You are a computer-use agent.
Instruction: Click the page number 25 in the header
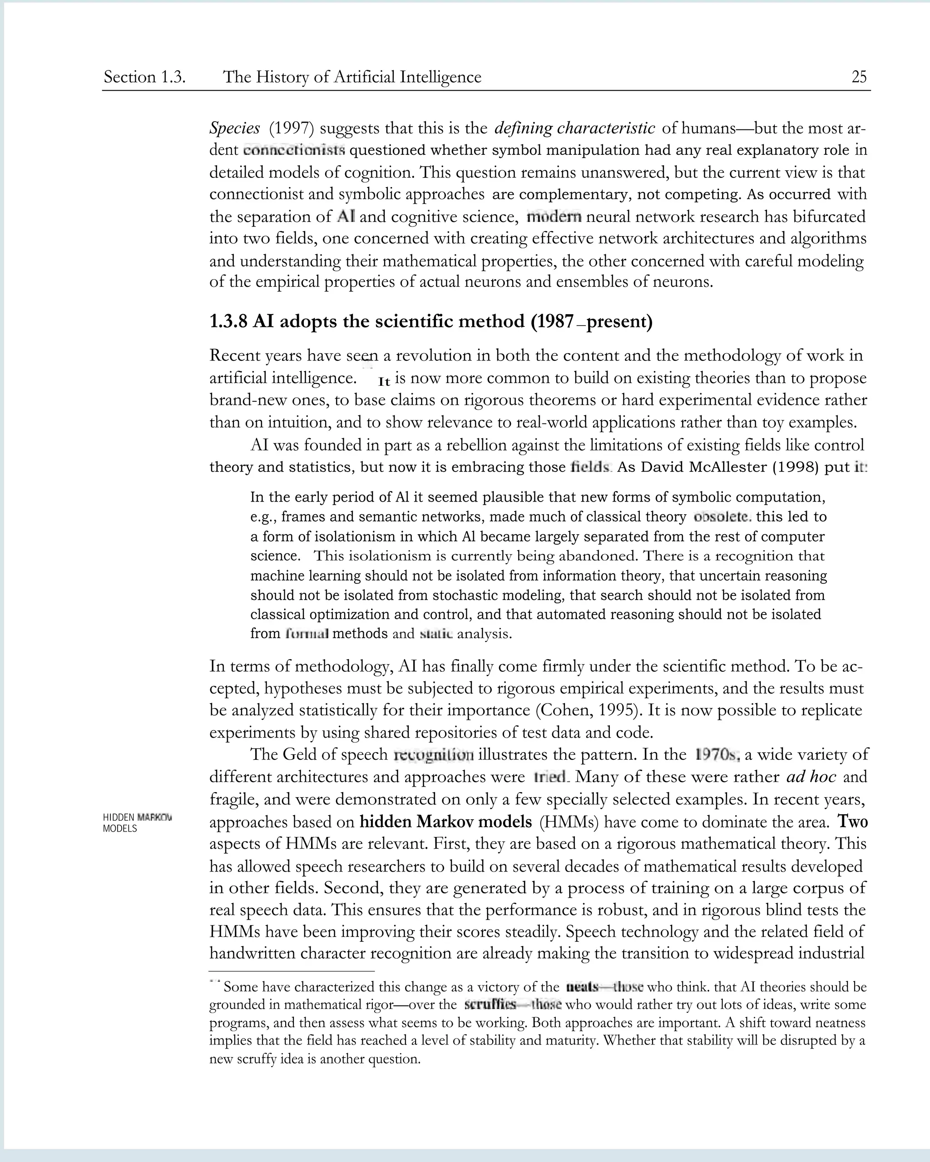pos(859,77)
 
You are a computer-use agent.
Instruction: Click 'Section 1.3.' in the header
pos(144,77)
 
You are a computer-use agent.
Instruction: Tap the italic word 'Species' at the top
pos(234,128)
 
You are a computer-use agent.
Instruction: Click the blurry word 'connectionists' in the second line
pos(294,150)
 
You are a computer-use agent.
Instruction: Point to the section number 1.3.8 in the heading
pos(228,322)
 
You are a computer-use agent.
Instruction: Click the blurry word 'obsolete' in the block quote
pos(722,517)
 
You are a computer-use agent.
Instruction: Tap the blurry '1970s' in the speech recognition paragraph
pos(717,754)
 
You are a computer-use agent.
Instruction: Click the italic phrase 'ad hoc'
pos(811,777)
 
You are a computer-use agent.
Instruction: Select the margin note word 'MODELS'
pos(120,829)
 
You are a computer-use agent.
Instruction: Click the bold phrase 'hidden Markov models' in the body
pos(445,822)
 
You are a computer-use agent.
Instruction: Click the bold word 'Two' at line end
pos(852,822)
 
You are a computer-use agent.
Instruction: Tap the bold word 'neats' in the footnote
pos(582,987)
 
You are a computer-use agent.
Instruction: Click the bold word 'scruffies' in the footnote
pos(490,1004)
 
